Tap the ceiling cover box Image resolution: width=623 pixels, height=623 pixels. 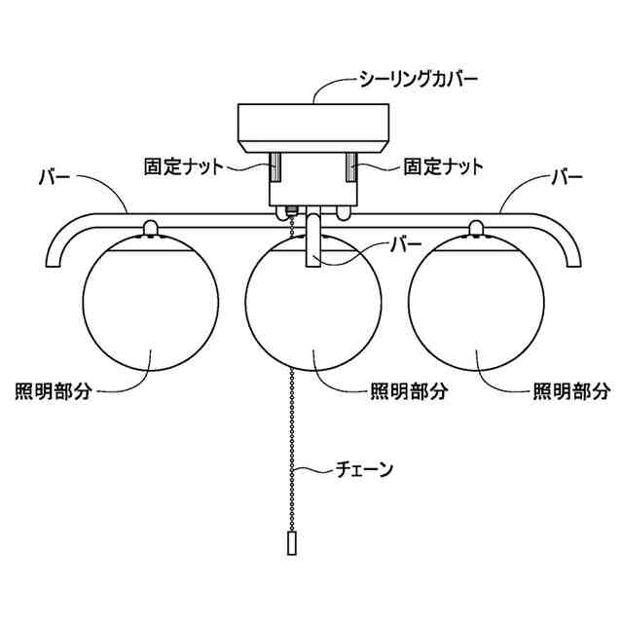[x=313, y=126]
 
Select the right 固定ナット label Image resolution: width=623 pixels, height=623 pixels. [x=443, y=166]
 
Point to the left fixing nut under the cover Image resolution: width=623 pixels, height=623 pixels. [x=275, y=166]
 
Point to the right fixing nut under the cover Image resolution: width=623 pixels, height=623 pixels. [x=351, y=166]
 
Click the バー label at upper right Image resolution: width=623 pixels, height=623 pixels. [x=567, y=178]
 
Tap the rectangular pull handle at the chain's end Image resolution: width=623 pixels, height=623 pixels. [x=291, y=543]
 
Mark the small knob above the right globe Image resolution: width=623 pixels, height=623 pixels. [x=475, y=228]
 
